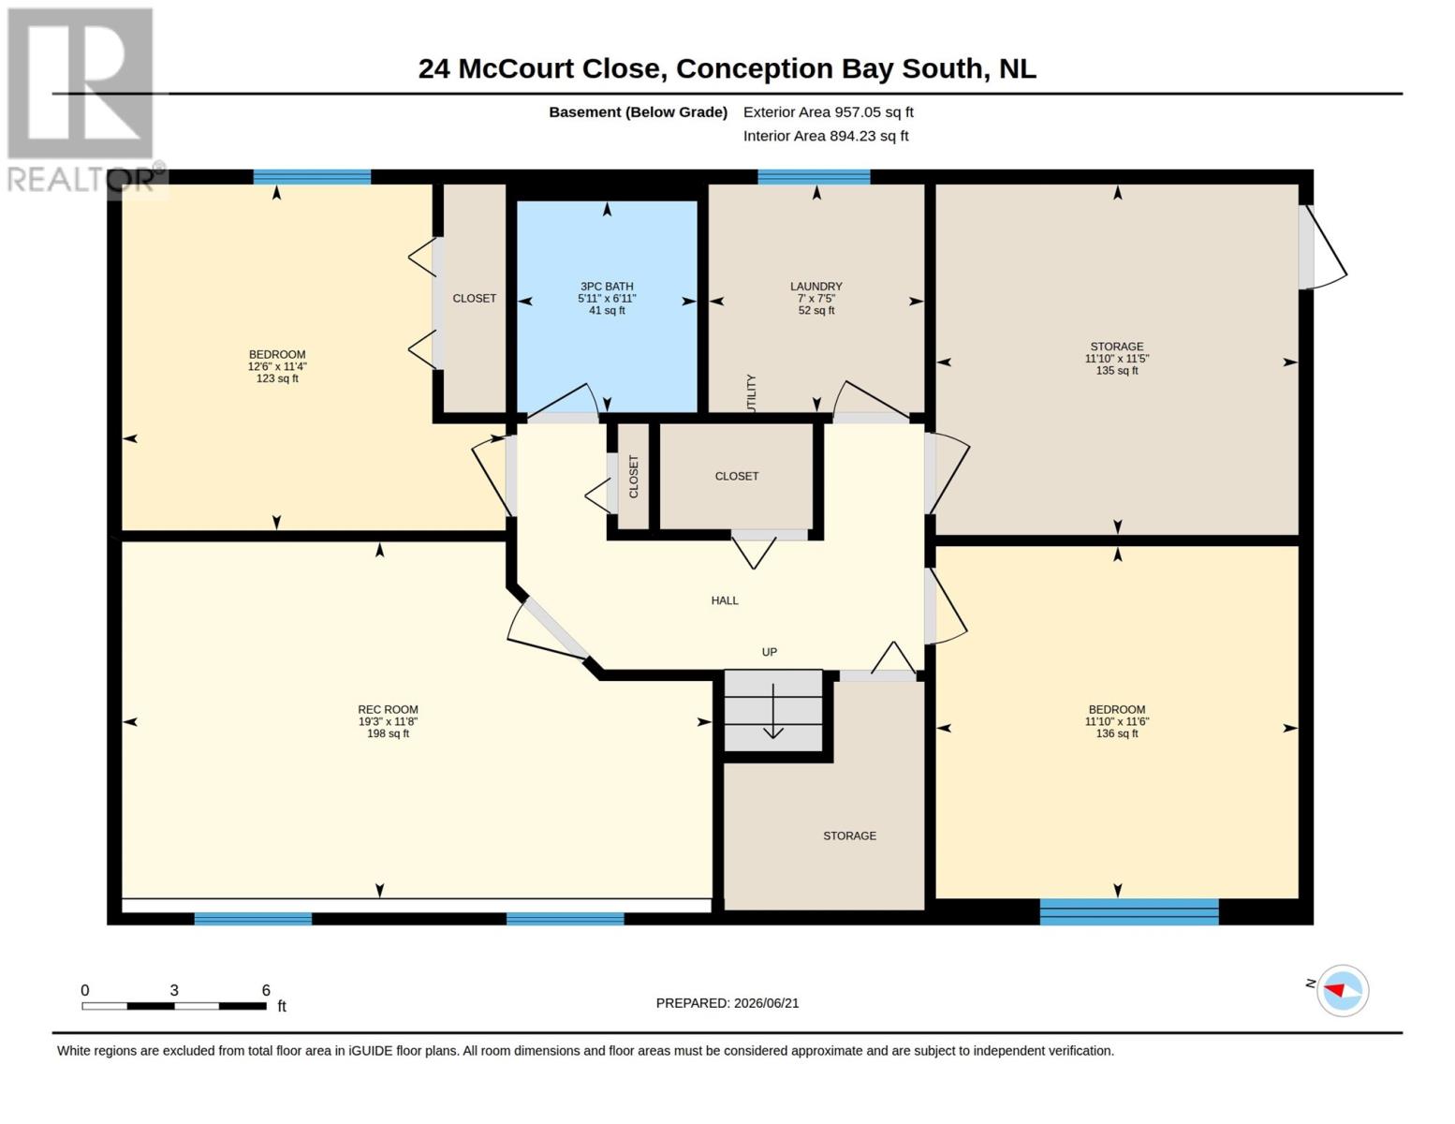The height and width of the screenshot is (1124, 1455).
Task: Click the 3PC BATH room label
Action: click(x=607, y=286)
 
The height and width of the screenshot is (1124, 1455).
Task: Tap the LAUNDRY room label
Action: click(x=816, y=286)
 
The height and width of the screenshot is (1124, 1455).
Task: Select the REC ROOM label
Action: click(x=388, y=709)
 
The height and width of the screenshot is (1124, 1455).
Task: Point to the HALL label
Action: click(x=725, y=600)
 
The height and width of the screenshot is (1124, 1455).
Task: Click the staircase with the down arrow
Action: click(x=773, y=710)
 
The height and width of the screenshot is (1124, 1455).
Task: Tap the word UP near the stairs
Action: click(x=770, y=652)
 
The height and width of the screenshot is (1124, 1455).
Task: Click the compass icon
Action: click(x=1343, y=990)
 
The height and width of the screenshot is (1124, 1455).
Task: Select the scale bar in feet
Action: click(x=174, y=1005)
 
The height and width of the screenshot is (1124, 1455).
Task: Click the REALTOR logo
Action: click(x=81, y=100)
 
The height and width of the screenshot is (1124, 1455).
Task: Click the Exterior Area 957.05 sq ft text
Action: click(x=829, y=112)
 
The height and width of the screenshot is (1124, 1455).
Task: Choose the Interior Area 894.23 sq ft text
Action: click(x=826, y=136)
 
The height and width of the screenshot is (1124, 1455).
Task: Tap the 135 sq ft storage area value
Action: click(x=1117, y=370)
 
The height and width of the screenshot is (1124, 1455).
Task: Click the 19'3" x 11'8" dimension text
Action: click(x=388, y=721)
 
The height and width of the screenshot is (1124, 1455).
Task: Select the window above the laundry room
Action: click(x=814, y=177)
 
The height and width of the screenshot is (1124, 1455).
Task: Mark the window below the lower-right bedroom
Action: click(x=1129, y=911)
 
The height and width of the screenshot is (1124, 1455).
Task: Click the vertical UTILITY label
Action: click(x=751, y=394)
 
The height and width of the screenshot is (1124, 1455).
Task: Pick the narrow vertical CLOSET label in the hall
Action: click(x=634, y=476)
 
